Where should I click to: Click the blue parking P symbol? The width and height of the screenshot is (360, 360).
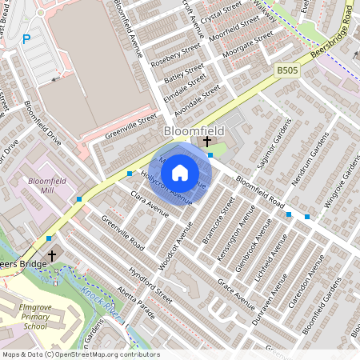tap(26, 38)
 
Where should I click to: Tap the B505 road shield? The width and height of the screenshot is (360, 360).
tap(287, 71)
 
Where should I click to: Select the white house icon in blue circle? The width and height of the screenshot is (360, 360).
tap(180, 172)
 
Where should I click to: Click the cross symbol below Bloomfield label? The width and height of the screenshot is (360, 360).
tap(207, 141)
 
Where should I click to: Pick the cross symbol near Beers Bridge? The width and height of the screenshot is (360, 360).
tap(53, 256)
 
